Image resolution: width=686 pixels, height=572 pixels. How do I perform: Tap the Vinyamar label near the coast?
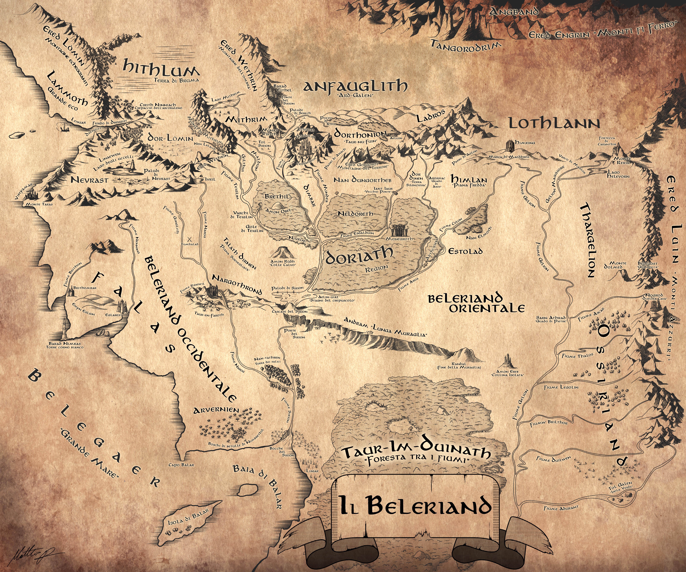[24, 191]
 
